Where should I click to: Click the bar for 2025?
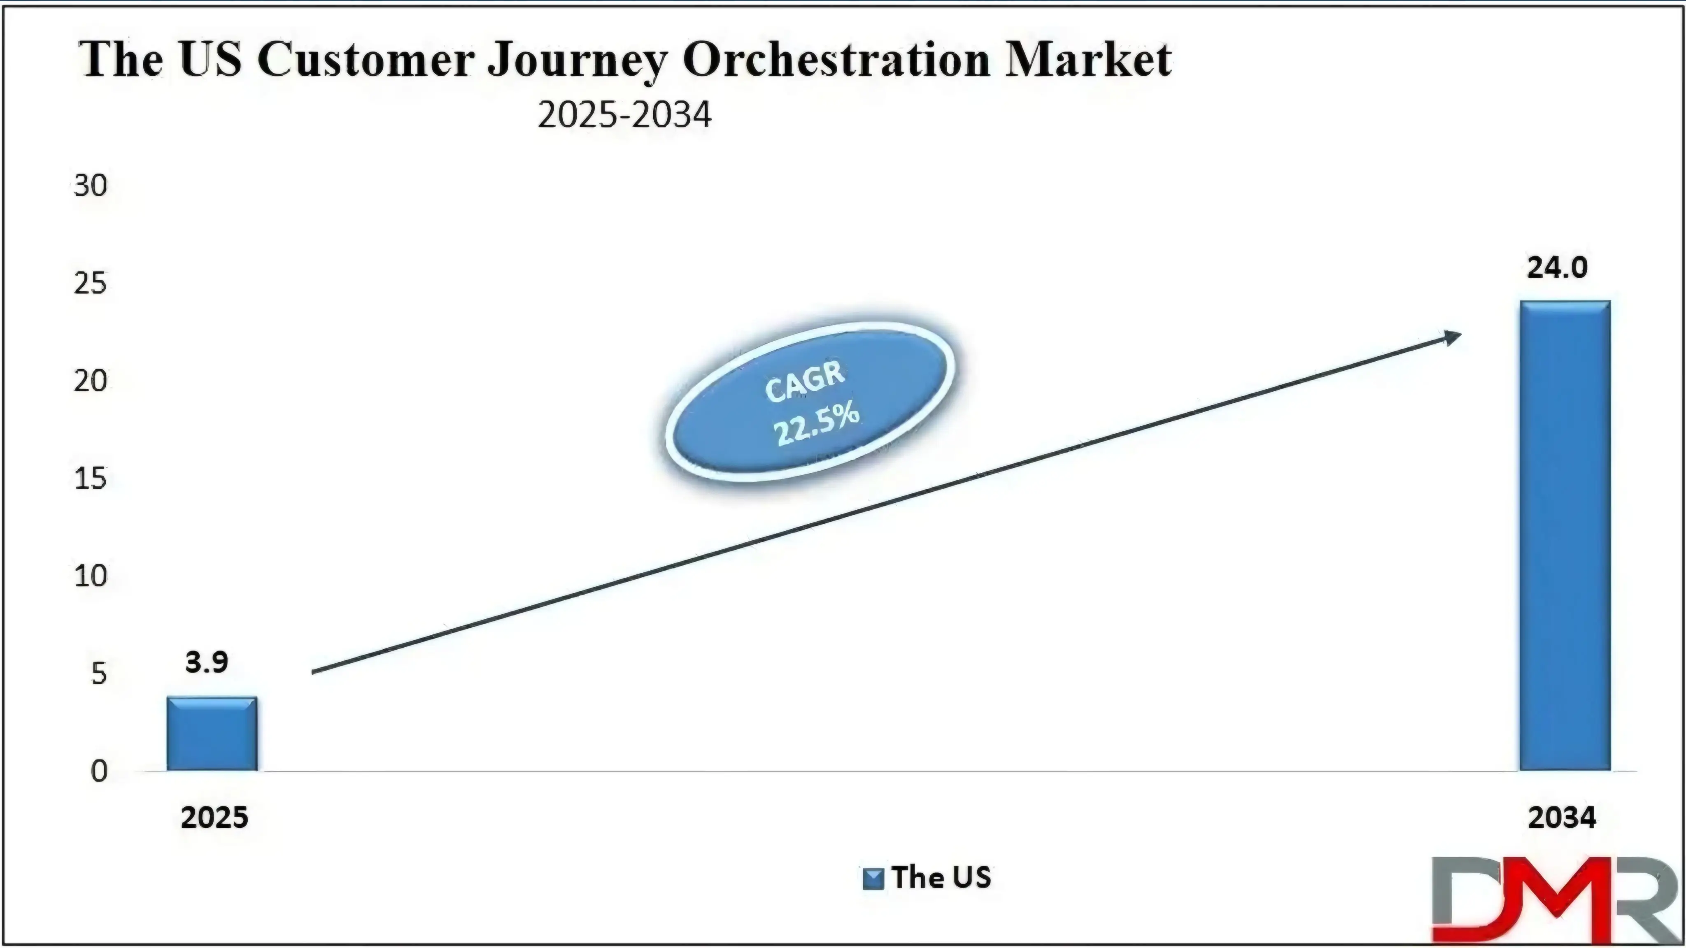point(212,733)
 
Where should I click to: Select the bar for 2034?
point(1565,535)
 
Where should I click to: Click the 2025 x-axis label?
point(215,818)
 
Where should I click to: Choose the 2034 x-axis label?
point(1562,818)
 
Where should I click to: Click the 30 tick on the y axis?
point(90,186)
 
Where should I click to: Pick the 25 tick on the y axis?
point(90,284)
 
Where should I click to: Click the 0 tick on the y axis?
point(99,771)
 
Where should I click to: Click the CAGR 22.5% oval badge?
point(810,402)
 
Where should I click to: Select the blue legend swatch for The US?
point(873,878)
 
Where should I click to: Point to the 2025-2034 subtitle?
point(624,115)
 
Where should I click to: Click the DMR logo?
point(1558,899)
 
